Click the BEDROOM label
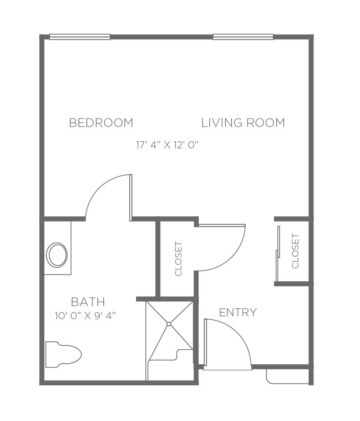pos(101,123)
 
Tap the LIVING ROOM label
pos(243,123)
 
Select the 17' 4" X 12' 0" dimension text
pos(167,145)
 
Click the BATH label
pos(88,302)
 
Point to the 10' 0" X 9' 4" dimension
pos(85,315)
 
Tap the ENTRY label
pos(238,312)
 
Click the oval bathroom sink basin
pos(57,255)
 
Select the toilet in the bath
pos(64,355)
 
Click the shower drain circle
pos(169,324)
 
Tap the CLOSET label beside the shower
pos(178,259)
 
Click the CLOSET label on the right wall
pos(295,251)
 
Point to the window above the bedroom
pos(80,37)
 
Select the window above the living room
pos(243,37)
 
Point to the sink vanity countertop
pos(57,248)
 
